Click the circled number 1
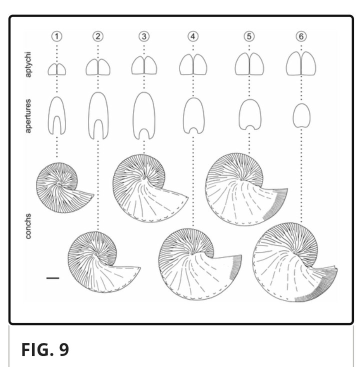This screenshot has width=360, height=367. [x=57, y=36]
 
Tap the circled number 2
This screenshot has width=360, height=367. [x=98, y=36]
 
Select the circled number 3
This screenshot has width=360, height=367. [x=144, y=36]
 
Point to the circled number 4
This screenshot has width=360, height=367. [x=193, y=36]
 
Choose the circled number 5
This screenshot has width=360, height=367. [x=249, y=36]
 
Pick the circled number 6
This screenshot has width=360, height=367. [x=301, y=36]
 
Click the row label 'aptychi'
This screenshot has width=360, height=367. [x=28, y=64]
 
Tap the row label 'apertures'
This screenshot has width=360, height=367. [x=28, y=116]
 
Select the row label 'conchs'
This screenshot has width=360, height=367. [x=28, y=226]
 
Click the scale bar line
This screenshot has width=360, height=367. [x=53, y=278]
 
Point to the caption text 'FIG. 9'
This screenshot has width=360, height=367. [x=45, y=349]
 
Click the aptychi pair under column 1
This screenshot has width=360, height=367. [x=57, y=69]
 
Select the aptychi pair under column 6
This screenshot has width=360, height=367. [x=301, y=63]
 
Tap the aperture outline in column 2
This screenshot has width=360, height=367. [x=89, y=115]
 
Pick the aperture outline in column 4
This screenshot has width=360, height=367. [x=184, y=115]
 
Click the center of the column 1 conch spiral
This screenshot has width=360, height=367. [x=59, y=184]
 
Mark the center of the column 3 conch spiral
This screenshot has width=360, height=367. [x=144, y=178]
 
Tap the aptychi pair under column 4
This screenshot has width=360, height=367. [x=193, y=64]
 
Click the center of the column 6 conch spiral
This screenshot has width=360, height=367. [x=294, y=252]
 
